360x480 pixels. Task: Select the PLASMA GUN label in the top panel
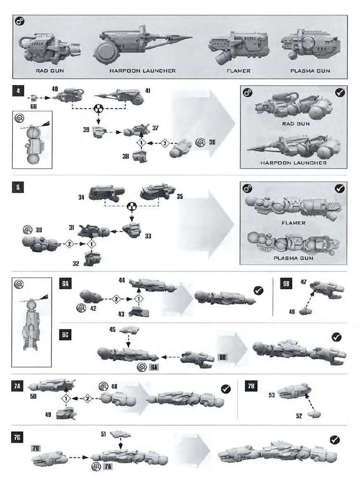click(x=310, y=71)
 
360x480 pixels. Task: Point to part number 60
click(x=34, y=98)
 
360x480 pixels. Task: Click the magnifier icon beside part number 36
click(x=199, y=142)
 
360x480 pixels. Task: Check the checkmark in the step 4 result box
click(x=340, y=92)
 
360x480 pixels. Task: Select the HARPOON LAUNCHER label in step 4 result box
click(x=293, y=163)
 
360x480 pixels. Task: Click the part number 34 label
click(x=81, y=197)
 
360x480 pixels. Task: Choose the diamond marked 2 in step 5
click(x=69, y=244)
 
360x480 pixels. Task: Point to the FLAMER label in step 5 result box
click(x=293, y=223)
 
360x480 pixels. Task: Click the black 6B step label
click(x=286, y=284)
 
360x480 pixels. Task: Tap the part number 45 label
click(x=112, y=329)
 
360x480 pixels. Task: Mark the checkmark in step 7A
click(x=225, y=389)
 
